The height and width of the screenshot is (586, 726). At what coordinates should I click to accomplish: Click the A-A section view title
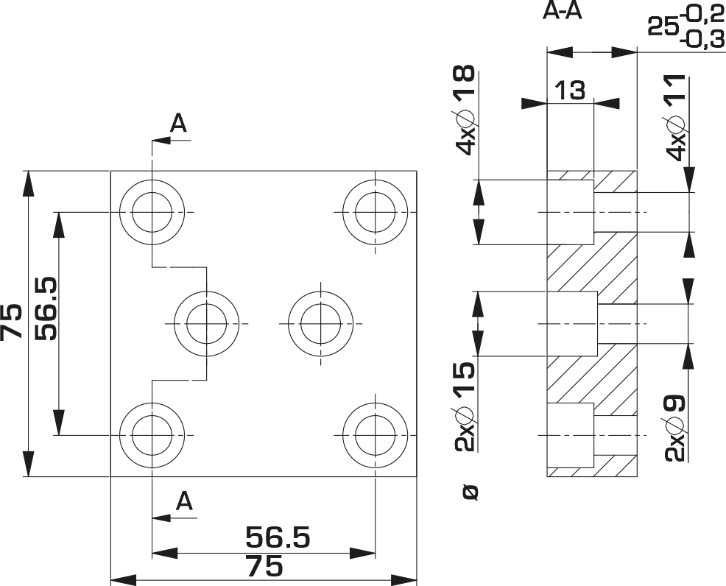tap(562, 11)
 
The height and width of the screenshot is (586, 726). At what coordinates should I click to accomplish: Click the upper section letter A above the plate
tap(178, 123)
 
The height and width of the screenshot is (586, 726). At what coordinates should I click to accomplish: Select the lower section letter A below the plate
tap(184, 501)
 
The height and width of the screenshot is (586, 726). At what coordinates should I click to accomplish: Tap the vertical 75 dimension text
tap(12, 322)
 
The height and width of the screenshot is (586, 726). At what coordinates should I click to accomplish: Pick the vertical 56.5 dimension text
tap(47, 308)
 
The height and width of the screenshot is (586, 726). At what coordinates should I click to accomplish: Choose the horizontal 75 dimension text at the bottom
tap(264, 566)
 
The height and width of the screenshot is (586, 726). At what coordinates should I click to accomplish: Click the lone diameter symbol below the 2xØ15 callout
tap(471, 493)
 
